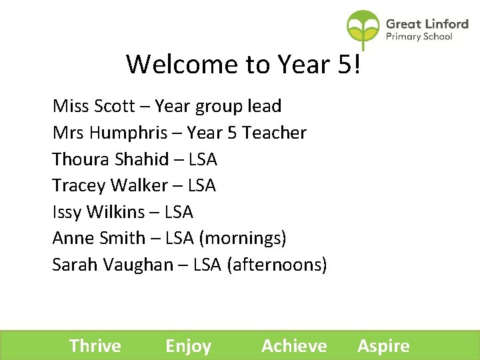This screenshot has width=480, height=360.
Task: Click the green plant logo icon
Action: (363, 29)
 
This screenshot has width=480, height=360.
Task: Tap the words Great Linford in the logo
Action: (427, 24)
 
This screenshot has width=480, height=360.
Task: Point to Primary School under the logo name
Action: (419, 37)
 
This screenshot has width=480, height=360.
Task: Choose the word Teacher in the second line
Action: (274, 133)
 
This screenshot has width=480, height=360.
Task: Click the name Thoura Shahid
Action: (110, 159)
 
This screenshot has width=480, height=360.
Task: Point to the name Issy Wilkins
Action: (98, 212)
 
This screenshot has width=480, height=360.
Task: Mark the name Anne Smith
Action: (98, 238)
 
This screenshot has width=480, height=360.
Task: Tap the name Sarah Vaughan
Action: (112, 265)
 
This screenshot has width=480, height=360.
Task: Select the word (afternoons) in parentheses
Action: (277, 265)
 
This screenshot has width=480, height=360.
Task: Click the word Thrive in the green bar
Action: (95, 346)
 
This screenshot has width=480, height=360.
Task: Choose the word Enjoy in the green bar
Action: (188, 347)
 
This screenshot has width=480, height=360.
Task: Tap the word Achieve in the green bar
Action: (294, 346)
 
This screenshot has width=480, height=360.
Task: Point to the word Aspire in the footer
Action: (383, 347)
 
